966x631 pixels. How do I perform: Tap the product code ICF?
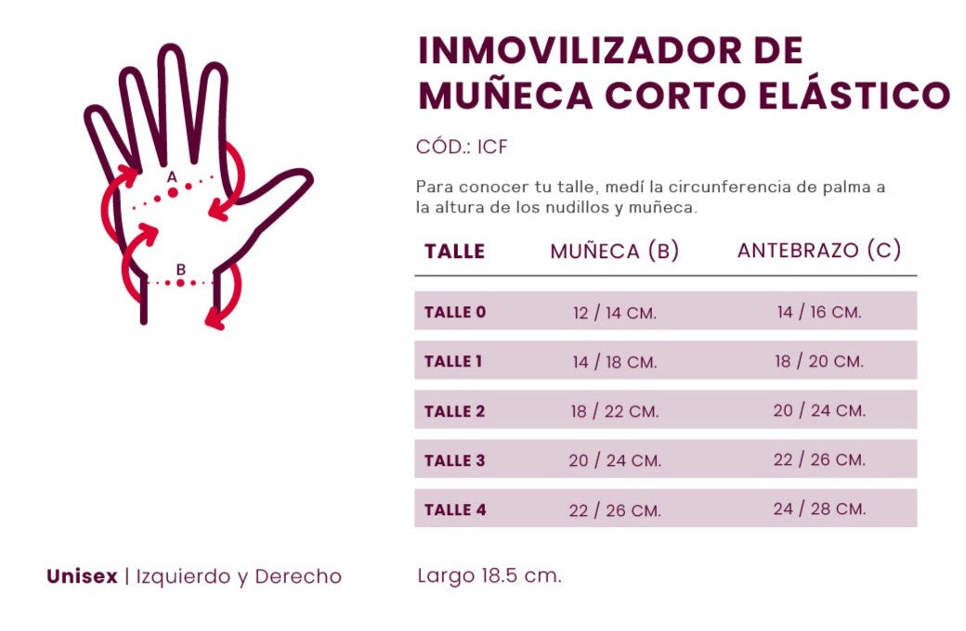coord(492,148)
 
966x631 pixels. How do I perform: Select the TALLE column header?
coord(454,251)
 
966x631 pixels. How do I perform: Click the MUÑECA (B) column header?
coord(614,251)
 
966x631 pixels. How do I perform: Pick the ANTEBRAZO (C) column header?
coord(818,251)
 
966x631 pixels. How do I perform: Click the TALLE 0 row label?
coord(454,312)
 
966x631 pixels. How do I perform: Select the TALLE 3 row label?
coord(454,460)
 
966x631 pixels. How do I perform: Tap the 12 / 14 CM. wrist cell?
coord(614,314)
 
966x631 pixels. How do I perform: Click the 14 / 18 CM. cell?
coord(614,362)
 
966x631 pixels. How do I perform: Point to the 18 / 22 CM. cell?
coord(614,411)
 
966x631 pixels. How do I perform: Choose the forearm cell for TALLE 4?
coord(818,509)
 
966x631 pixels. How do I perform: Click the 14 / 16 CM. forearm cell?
coord(818,313)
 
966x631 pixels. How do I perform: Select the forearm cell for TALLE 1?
coord(818,361)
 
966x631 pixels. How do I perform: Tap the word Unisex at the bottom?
coord(82,577)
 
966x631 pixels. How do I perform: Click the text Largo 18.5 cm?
coord(489,575)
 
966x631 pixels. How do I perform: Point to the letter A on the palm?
coord(172,175)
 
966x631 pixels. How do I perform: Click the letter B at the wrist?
coord(181,269)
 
